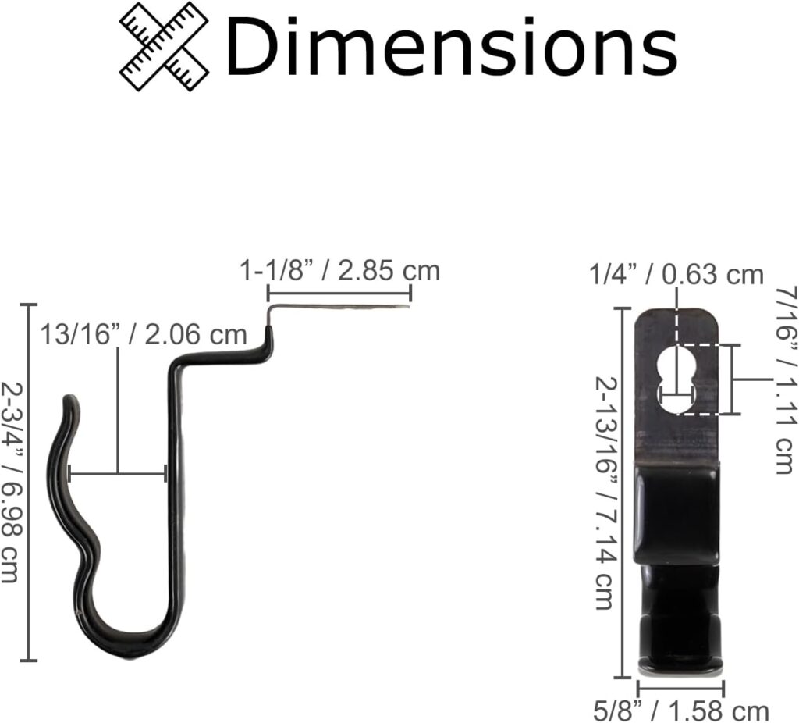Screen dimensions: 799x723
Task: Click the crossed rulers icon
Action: (164, 47)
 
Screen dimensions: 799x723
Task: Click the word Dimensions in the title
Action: (452, 47)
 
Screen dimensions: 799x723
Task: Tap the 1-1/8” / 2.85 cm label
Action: (340, 270)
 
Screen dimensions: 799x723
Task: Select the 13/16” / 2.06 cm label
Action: (144, 334)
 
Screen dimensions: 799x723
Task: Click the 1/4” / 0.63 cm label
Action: (676, 276)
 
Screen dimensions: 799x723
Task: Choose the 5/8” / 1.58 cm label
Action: (681, 711)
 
